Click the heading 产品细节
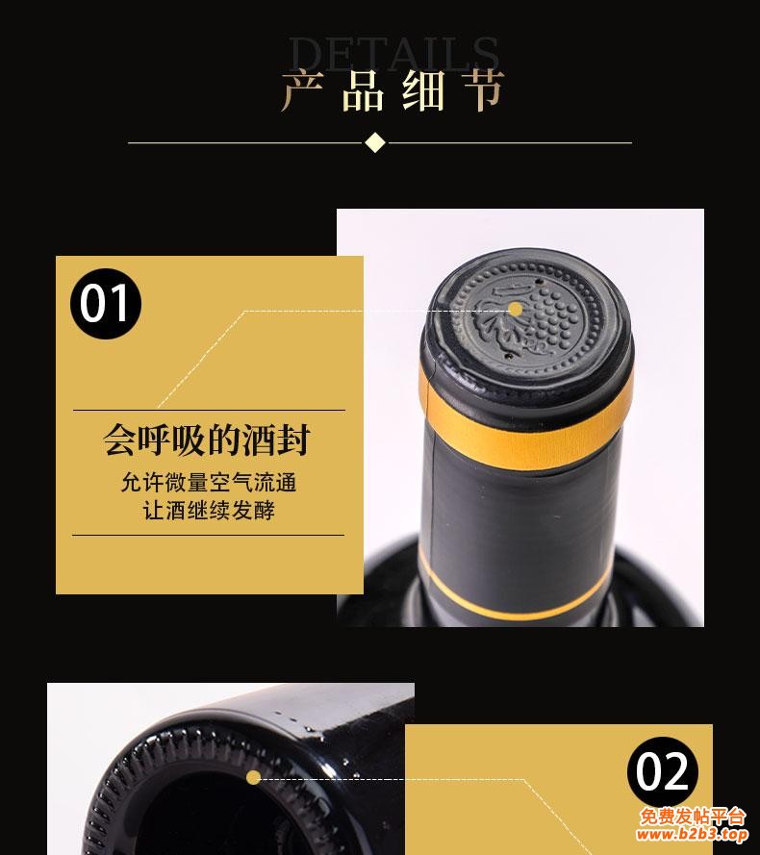pyautogui.click(x=393, y=91)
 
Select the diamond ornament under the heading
pyautogui.click(x=375, y=142)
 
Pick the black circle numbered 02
pyautogui.click(x=664, y=773)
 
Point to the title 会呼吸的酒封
pyautogui.click(x=208, y=441)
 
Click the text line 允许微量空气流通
pyautogui.click(x=208, y=482)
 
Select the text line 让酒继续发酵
pyautogui.click(x=208, y=511)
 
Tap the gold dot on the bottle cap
pyautogui.click(x=515, y=309)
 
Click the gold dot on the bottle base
pyautogui.click(x=253, y=777)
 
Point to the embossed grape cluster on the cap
pyautogui.click(x=550, y=317)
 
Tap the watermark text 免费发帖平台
pyautogui.click(x=693, y=817)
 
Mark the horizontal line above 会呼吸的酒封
pyautogui.click(x=208, y=411)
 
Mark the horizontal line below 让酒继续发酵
pyautogui.click(x=208, y=535)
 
